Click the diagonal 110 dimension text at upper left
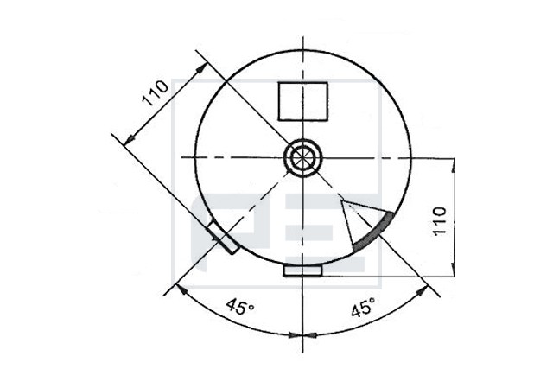[156, 92]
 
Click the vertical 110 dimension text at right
[440, 221]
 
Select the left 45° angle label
[240, 306]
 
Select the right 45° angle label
[363, 307]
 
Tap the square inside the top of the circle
[303, 102]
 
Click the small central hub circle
[303, 157]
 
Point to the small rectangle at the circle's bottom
[303, 270]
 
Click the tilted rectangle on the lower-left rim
[223, 237]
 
